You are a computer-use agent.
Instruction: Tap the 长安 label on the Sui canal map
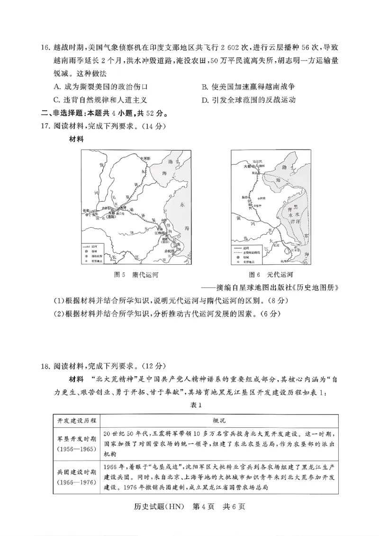point(86,210)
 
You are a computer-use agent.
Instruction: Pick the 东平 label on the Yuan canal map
point(258,206)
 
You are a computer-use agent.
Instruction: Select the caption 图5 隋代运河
point(136,275)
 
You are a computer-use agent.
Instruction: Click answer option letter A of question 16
point(57,87)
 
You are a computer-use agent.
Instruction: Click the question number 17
point(46,127)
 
